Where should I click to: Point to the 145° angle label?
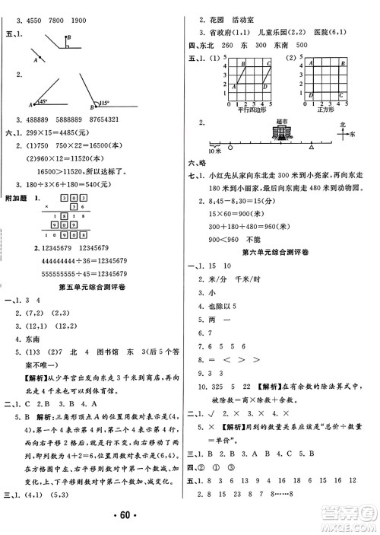click(43, 102)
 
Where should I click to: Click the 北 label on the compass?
click(343, 123)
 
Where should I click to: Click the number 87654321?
click(125, 119)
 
